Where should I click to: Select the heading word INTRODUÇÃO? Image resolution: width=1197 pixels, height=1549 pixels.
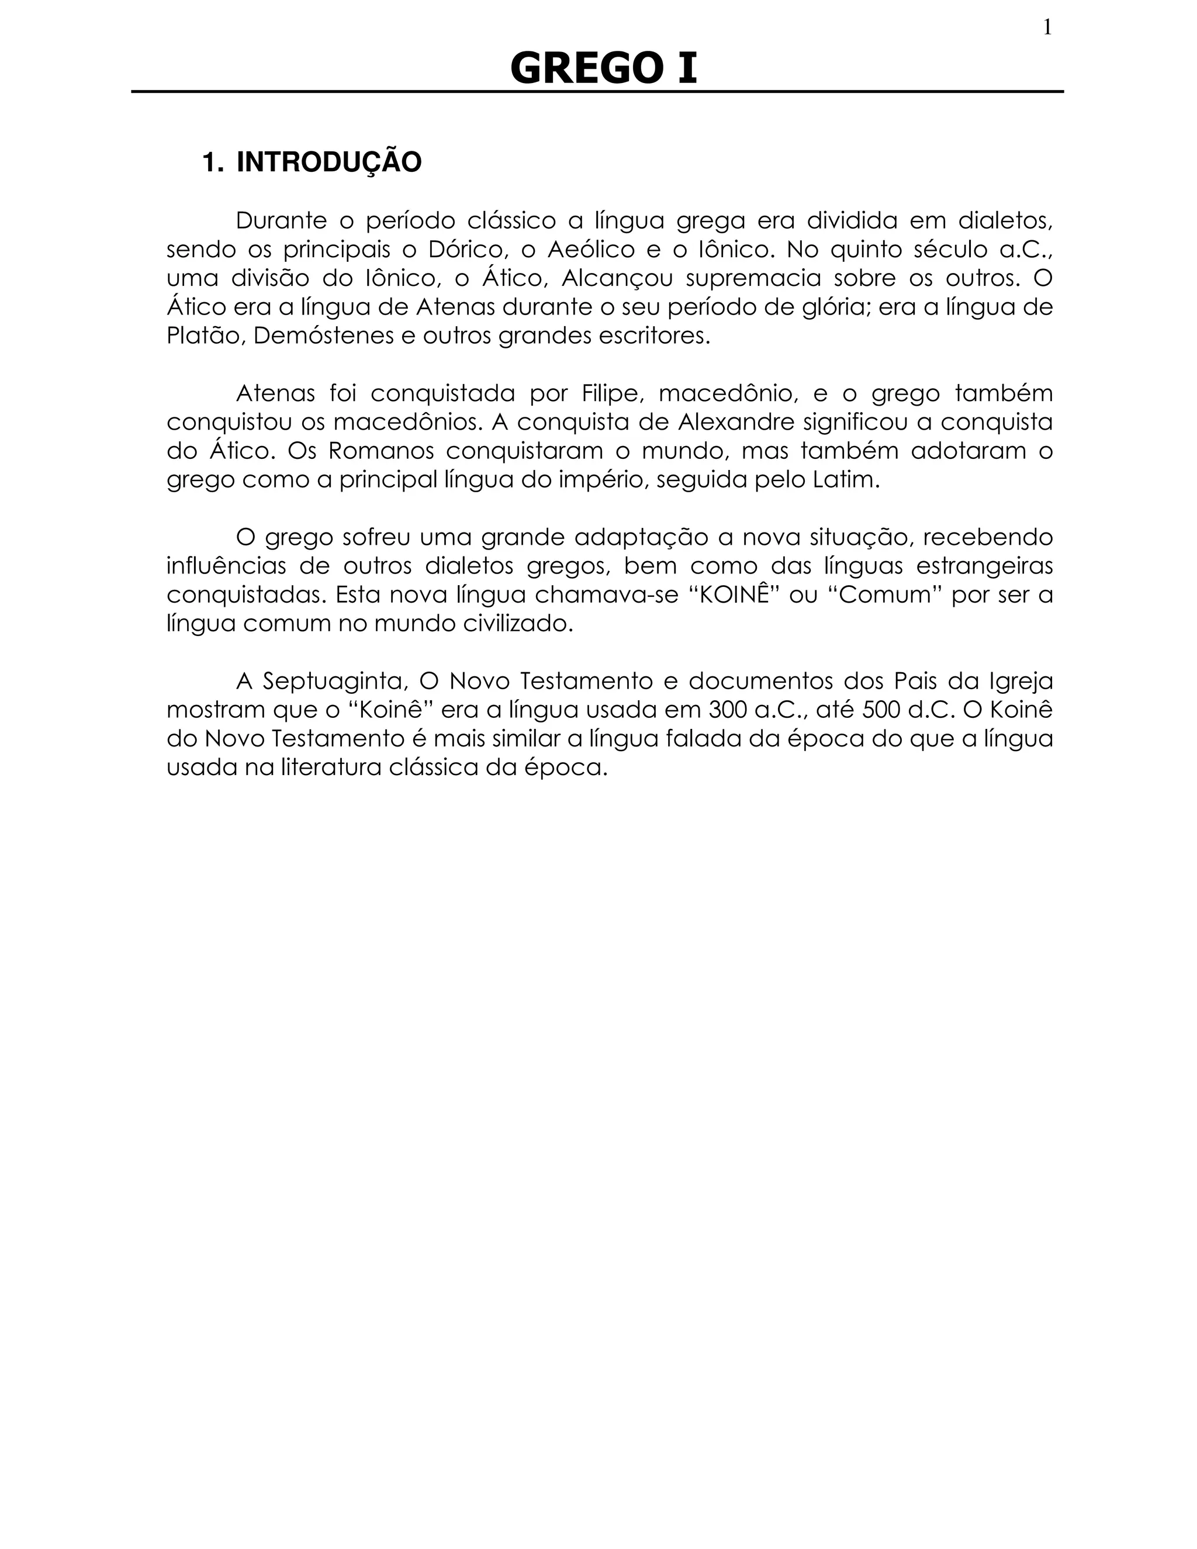(x=328, y=162)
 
